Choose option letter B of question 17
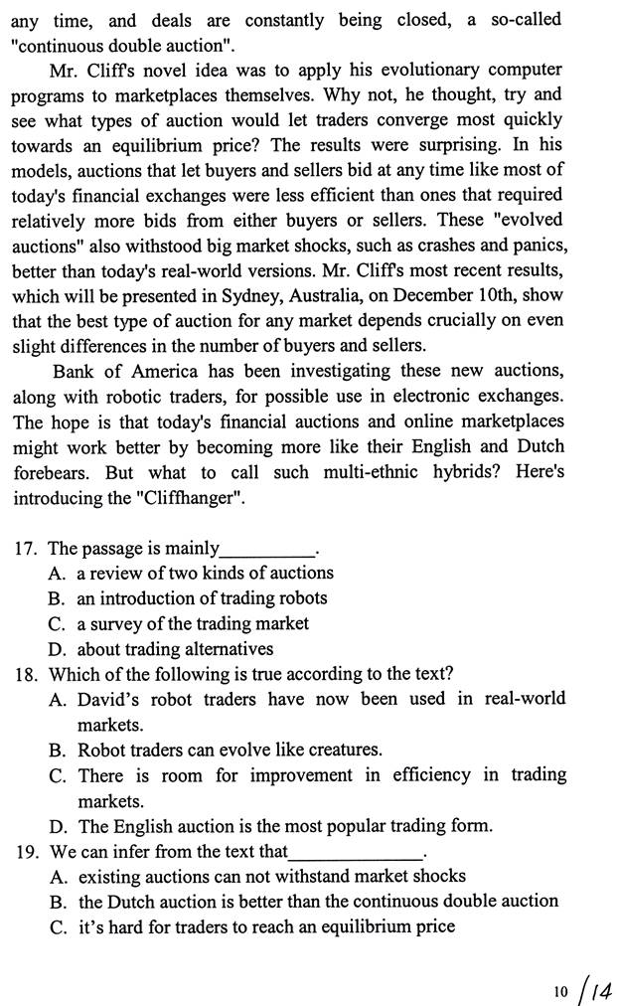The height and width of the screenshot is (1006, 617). [55, 598]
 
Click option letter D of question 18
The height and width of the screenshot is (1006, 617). [55, 826]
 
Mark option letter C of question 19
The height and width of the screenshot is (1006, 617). [55, 926]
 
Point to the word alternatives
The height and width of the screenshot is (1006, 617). [225, 649]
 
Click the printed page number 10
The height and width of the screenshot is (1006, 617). [560, 991]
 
